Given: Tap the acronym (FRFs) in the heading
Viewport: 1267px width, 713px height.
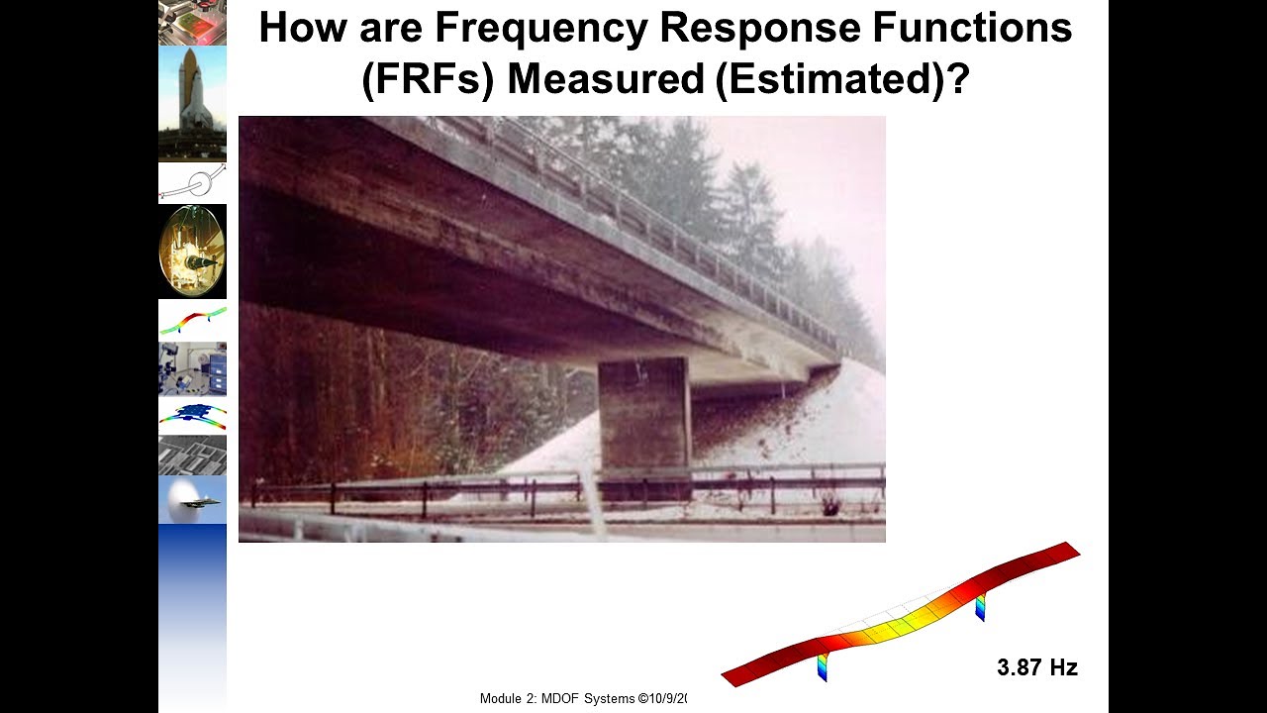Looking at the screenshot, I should (427, 79).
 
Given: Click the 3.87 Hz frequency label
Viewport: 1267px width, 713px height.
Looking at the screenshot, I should (1036, 667).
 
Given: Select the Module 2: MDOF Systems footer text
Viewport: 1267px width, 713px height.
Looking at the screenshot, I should (582, 698).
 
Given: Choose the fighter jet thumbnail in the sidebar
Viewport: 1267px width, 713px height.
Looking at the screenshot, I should (192, 500).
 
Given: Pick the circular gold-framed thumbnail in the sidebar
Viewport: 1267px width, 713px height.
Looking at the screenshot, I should (192, 252).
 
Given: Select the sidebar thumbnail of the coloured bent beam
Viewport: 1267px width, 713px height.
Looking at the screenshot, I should (192, 320).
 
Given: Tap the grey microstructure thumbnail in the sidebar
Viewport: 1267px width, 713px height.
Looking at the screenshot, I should (192, 456).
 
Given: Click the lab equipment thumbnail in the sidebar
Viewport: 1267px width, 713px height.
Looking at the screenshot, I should (192, 368).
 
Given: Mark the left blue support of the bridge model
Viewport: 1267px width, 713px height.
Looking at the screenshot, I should (822, 668).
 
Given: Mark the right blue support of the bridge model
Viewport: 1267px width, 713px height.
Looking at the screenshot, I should (980, 606).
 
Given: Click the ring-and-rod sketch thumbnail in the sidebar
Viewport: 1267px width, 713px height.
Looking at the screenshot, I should (192, 182).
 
